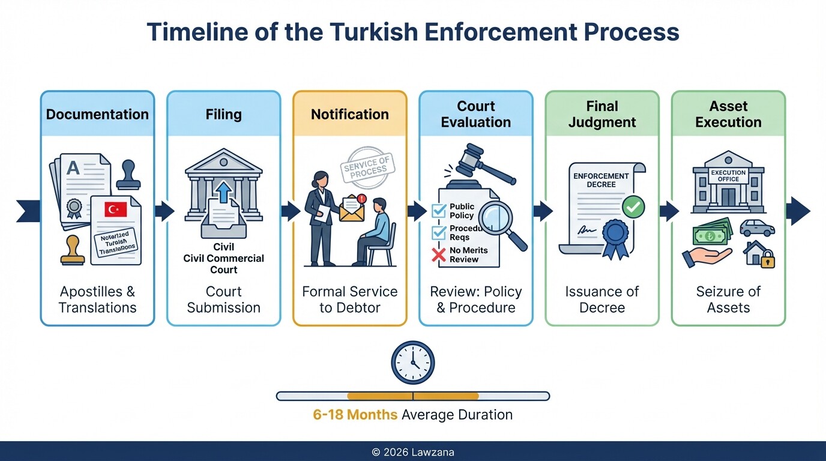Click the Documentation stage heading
pos(97,114)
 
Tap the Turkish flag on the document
pos(115,209)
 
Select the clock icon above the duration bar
pos(413,363)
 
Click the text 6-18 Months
pos(355,415)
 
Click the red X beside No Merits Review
pos(439,255)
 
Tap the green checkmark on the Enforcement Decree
pos(633,208)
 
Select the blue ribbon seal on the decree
pos(615,237)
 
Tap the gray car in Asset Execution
pos(757,228)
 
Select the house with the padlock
pos(759,253)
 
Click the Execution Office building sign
pos(728,175)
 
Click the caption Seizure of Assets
pos(728,300)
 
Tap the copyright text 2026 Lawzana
pos(412,452)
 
